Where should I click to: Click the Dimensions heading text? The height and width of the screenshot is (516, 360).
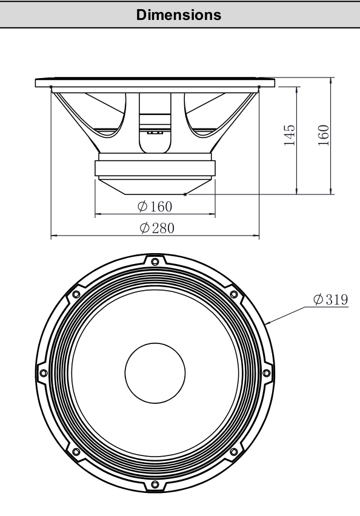tap(179, 15)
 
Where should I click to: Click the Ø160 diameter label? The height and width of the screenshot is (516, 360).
tap(155, 207)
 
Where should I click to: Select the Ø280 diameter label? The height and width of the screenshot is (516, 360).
tap(157, 228)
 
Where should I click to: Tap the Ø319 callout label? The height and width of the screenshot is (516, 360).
tap(330, 299)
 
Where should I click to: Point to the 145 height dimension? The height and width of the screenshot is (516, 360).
tap(290, 135)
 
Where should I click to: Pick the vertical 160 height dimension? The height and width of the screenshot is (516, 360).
tap(324, 135)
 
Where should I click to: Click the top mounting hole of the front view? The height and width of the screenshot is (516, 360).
tap(155, 262)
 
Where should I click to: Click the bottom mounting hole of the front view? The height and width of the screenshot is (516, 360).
tap(155, 485)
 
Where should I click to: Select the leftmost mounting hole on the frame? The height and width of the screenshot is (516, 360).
tap(43, 373)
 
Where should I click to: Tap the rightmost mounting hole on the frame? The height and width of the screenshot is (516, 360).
tap(267, 373)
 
